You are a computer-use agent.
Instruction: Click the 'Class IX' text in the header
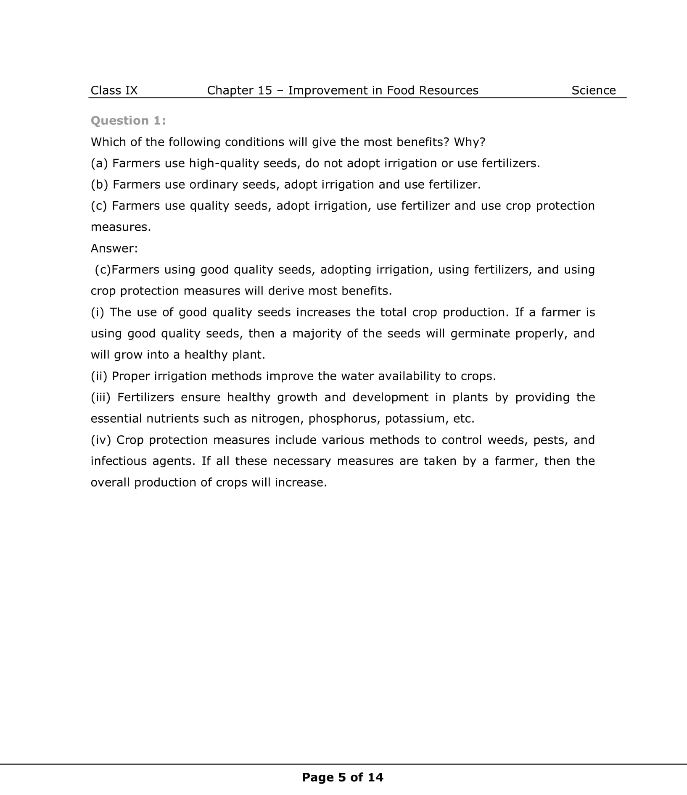[x=114, y=90]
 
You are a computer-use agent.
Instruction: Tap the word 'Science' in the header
[x=593, y=90]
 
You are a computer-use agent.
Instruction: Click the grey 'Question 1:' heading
[x=128, y=121]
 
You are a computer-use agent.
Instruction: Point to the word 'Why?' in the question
[x=470, y=142]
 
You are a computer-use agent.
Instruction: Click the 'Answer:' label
[x=114, y=248]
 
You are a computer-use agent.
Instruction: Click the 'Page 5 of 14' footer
[x=343, y=777]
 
